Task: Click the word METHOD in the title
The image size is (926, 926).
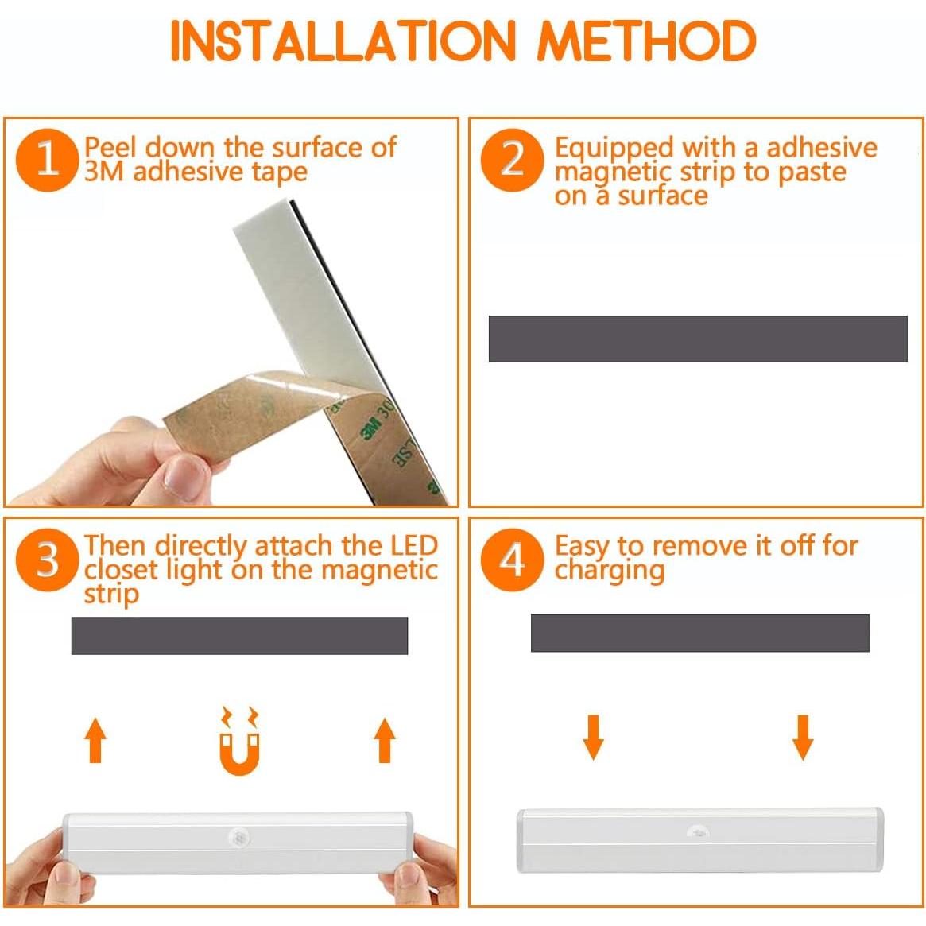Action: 647,41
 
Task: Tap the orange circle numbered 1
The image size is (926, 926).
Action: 47,160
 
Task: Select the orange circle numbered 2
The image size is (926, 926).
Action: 512,160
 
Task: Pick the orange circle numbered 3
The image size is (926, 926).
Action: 47,560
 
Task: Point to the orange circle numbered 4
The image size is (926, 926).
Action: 512,560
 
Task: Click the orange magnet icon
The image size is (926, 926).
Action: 239,741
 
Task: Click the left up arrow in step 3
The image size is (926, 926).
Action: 95,740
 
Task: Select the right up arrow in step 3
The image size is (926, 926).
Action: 385,740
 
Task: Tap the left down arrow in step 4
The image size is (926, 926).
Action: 594,737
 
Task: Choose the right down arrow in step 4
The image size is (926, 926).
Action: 803,737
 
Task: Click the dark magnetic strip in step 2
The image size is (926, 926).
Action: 697,339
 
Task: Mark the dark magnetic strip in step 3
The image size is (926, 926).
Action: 239,635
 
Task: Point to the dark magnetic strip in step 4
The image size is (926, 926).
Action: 699,633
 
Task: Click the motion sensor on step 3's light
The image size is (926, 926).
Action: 238,837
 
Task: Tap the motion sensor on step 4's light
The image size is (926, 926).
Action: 699,831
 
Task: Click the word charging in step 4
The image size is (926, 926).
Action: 610,571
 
